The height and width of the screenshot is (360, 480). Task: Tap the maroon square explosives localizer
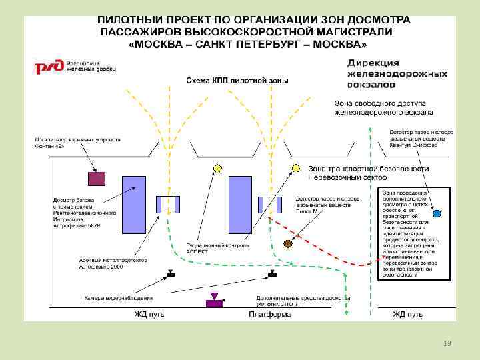[x=97, y=179]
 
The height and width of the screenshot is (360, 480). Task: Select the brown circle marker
[x=288, y=244]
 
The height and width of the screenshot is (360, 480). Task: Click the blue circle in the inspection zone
[x=437, y=214]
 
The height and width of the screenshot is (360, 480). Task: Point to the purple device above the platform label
[x=214, y=301]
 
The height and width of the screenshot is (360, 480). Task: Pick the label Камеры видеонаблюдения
[x=118, y=297]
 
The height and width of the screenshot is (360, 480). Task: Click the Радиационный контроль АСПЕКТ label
[x=217, y=248]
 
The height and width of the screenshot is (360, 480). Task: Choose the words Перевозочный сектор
[x=337, y=177]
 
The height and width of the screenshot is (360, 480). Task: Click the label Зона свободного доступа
[x=381, y=103]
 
